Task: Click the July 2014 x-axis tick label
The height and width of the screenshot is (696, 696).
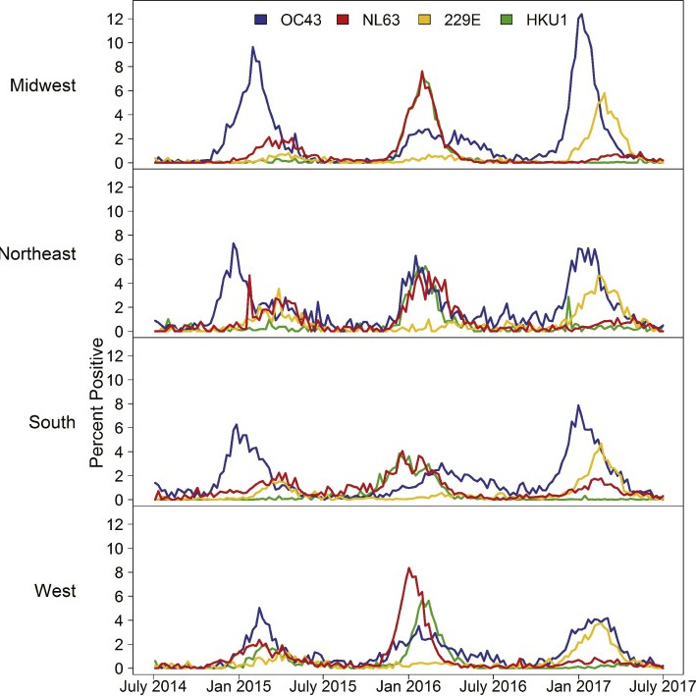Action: coord(155,684)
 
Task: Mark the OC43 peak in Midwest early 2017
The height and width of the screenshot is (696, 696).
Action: coord(581,15)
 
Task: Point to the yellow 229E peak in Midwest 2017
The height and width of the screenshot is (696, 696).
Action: coord(605,93)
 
